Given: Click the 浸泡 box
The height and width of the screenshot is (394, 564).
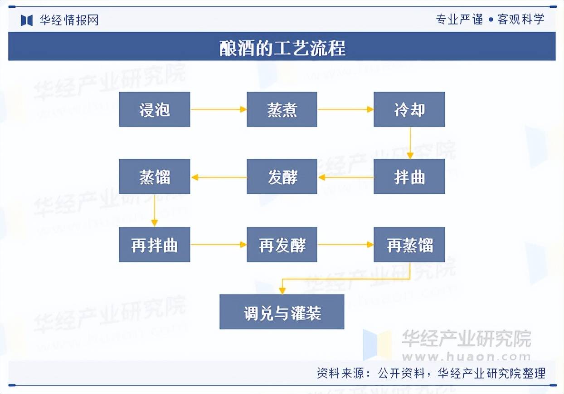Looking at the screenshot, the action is [x=154, y=109].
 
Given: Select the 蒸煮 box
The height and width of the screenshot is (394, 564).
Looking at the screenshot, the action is [x=282, y=109].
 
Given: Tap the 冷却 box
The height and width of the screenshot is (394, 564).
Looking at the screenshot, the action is [x=409, y=109].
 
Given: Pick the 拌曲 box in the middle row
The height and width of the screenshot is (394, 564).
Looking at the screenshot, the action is [x=409, y=177].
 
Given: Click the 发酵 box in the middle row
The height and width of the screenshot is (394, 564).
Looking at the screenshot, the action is [x=282, y=177].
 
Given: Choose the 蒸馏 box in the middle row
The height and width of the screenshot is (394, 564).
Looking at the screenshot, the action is [x=154, y=177].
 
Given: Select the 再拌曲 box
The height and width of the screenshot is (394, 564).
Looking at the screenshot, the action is [x=154, y=245].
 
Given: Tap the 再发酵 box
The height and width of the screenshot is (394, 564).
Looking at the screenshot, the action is [x=282, y=245].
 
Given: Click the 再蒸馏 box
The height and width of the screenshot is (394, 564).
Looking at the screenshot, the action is [x=409, y=245].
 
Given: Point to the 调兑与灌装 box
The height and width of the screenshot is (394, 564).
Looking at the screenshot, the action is [x=282, y=312].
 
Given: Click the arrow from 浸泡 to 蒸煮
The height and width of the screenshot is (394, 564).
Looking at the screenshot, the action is [x=219, y=109].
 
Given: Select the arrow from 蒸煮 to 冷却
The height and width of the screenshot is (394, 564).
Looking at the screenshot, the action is [x=345, y=109].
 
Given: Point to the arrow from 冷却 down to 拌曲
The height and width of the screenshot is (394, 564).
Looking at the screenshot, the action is [x=410, y=143].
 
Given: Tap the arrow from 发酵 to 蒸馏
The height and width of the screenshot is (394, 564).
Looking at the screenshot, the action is [x=219, y=177].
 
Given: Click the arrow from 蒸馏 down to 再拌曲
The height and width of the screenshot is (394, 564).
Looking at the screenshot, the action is [x=155, y=211].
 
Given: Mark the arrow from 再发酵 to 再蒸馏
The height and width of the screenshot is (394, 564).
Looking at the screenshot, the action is [x=345, y=245].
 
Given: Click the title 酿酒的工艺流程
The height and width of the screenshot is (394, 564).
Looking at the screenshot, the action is [x=282, y=48].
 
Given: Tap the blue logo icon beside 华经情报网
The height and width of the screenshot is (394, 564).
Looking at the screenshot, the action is [x=27, y=20].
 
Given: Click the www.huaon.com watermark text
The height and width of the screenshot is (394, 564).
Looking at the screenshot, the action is [x=466, y=357].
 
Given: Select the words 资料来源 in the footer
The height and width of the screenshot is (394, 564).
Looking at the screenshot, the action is [x=340, y=373].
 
